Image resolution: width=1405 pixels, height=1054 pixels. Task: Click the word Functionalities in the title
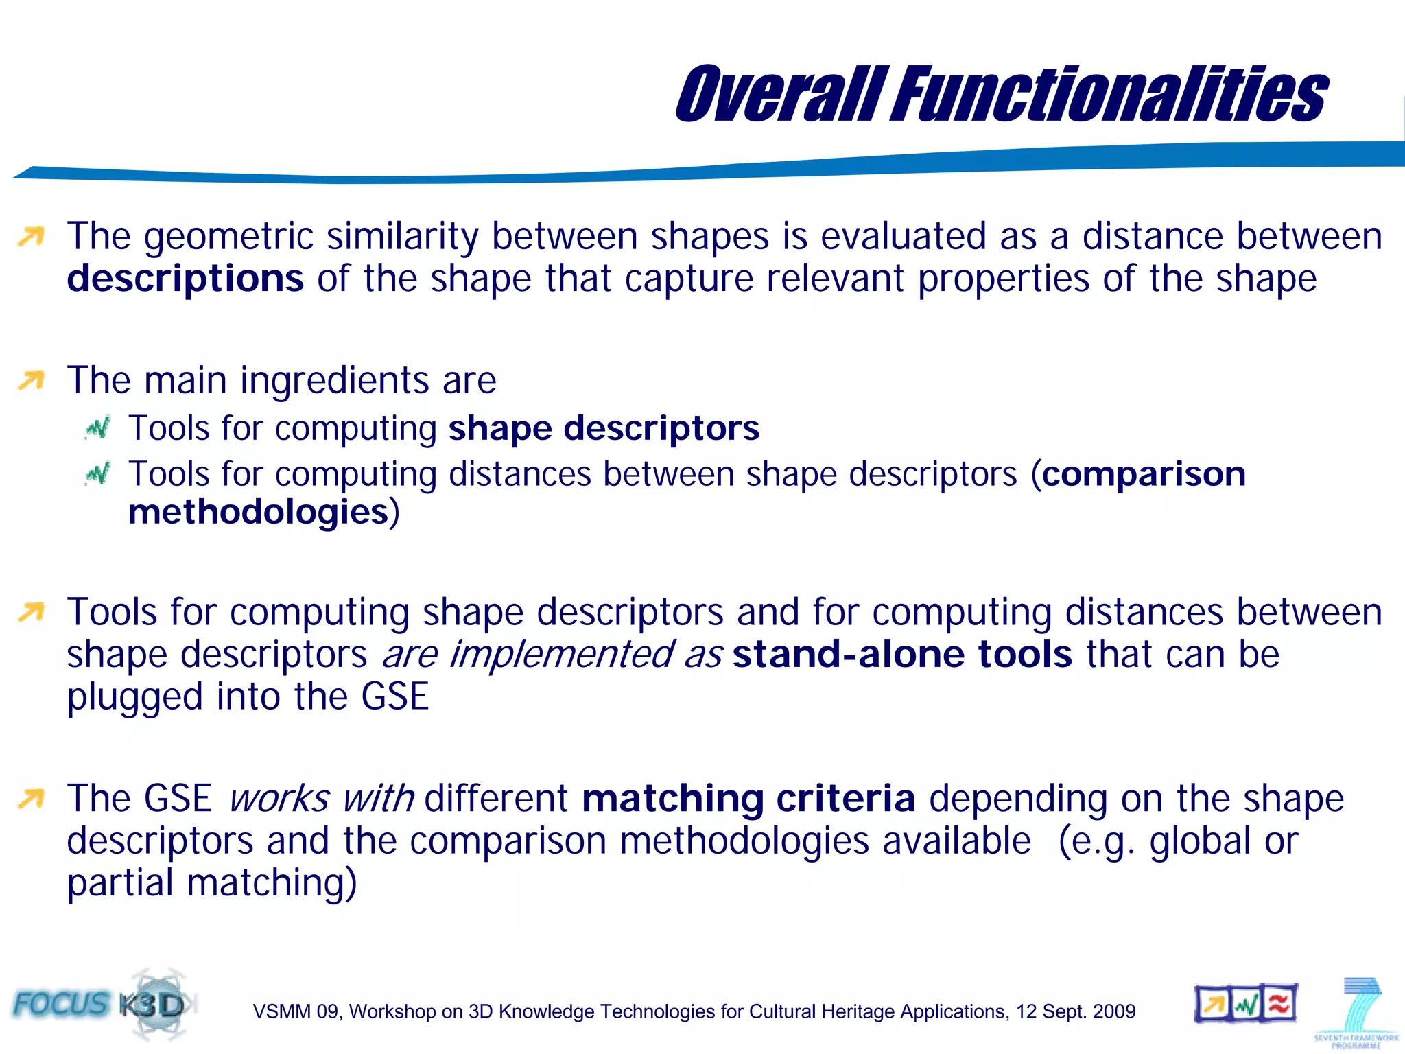tap(1109, 95)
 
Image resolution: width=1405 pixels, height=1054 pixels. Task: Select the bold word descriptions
tap(185, 279)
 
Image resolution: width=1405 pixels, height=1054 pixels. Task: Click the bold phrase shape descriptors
tap(604, 428)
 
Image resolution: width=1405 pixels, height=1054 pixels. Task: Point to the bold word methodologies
tap(259, 512)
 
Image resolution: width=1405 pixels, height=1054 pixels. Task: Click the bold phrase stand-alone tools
tap(902, 654)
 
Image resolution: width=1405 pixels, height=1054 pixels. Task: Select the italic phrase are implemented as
tap(552, 654)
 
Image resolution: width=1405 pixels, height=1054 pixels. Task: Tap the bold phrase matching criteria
tap(748, 799)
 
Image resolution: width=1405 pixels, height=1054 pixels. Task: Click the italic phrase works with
tap(321, 799)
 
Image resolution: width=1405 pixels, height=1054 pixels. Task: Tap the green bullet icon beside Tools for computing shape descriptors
tap(97, 429)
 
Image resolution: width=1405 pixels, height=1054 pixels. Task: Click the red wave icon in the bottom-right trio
tap(1278, 1005)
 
